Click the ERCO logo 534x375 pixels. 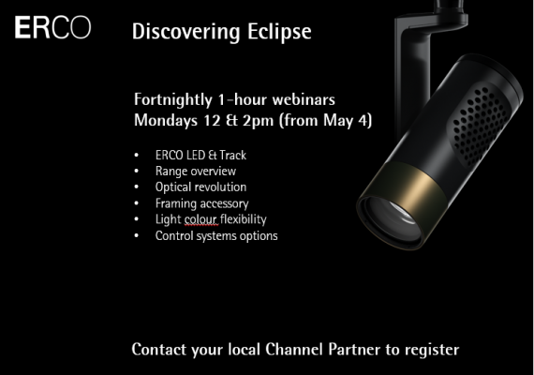point(52,27)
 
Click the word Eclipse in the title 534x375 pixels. point(279,32)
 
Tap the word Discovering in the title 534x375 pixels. point(185,32)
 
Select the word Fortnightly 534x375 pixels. point(173,100)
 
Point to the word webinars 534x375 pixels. point(304,99)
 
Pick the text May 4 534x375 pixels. point(346,121)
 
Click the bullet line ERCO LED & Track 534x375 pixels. point(200,155)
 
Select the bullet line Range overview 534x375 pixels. point(196,172)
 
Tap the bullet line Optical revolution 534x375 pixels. point(200,187)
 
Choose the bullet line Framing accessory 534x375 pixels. point(202,203)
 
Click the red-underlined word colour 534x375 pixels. point(200,219)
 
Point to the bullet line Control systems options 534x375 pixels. point(216,236)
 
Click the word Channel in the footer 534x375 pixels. point(293,350)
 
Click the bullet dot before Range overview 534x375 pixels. point(137,172)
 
